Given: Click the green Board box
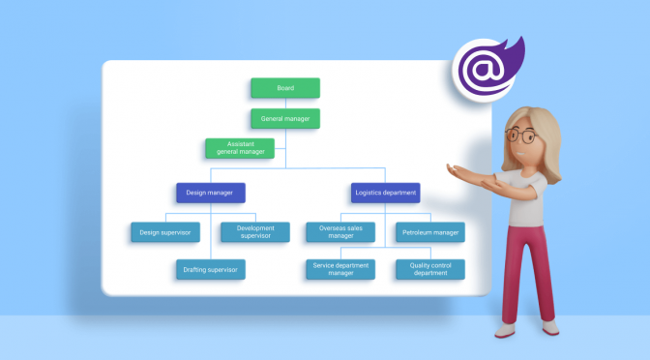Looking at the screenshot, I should (285, 88).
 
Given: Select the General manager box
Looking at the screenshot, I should (285, 119).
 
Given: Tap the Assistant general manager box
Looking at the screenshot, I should (240, 148).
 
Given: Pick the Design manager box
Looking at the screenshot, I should (211, 193).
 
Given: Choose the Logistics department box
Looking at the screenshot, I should (386, 193).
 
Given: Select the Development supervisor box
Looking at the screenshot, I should (254, 232).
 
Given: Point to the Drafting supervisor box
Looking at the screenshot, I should (210, 269).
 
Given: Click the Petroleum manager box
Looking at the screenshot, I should (429, 232).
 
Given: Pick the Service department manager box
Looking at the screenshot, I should (340, 269).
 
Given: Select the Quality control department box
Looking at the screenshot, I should (429, 269).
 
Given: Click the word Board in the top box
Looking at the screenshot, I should (285, 88).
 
